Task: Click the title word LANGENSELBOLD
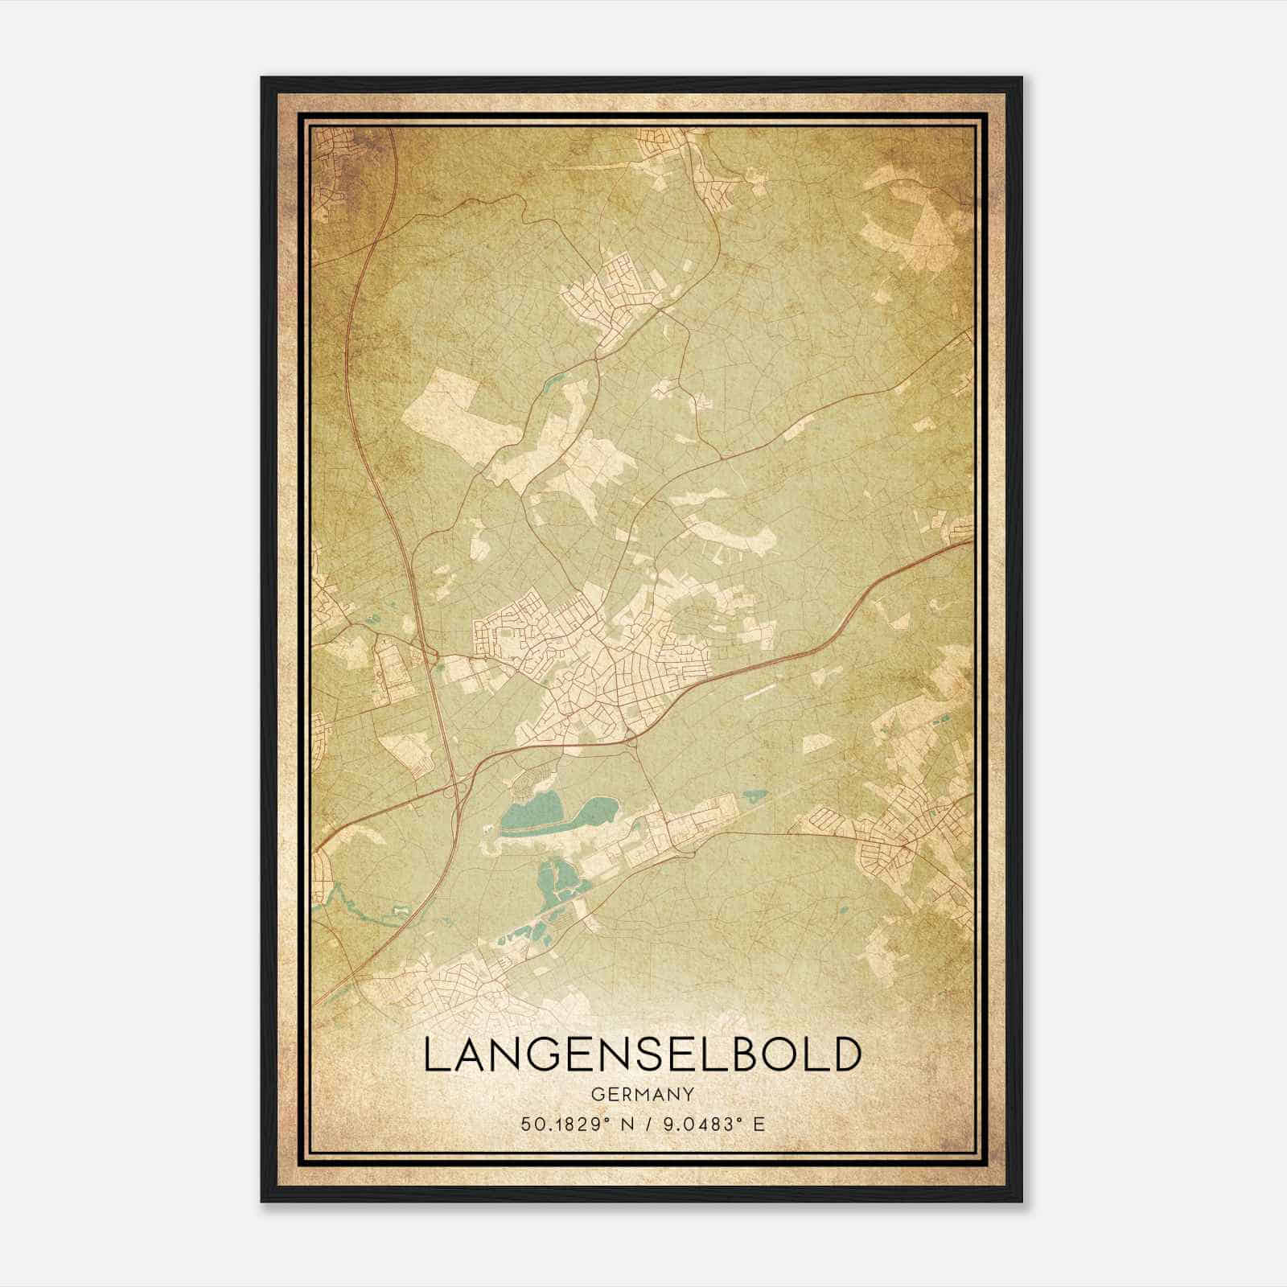tap(642, 1055)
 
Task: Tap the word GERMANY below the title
tap(642, 1095)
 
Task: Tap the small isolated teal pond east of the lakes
tap(755, 798)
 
